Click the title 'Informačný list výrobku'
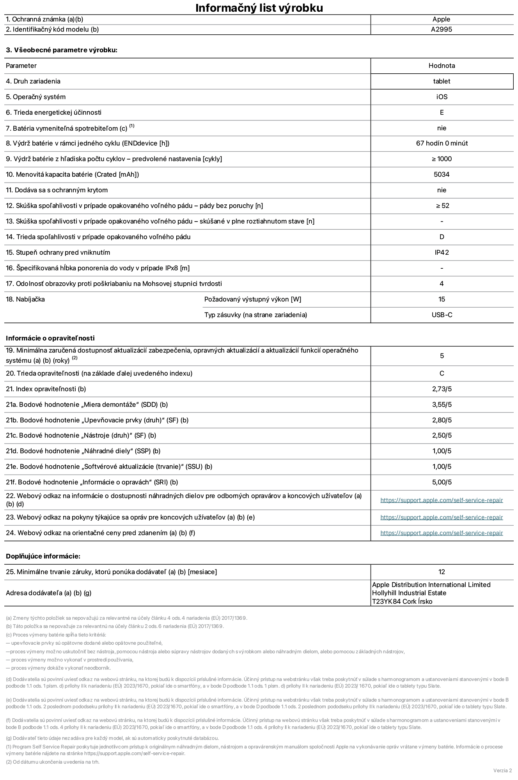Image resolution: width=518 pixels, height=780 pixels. tap(259, 8)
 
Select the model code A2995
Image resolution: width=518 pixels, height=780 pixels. tap(442, 29)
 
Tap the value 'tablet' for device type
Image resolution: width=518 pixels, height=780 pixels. tap(442, 81)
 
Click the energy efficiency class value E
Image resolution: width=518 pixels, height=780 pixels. tap(442, 112)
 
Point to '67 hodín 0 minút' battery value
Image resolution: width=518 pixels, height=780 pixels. tap(442, 143)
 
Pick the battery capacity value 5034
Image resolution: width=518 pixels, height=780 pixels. tap(442, 174)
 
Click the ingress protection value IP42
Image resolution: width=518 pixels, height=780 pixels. tap(442, 252)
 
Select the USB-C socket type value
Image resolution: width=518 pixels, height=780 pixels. tap(442, 315)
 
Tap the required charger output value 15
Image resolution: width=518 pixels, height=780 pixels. tap(442, 299)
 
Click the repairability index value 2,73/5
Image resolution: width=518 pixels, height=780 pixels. tap(442, 389)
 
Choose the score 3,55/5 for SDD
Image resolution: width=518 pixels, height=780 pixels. tap(442, 404)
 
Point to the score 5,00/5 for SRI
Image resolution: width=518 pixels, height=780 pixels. tap(442, 482)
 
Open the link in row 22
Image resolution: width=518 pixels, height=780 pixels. tap(442, 500)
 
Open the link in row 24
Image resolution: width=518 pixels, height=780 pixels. tap(442, 533)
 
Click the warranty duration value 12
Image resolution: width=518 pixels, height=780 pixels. tap(442, 572)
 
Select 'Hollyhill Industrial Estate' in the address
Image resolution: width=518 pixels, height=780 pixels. tap(409, 593)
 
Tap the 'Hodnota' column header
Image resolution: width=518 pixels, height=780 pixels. tap(442, 66)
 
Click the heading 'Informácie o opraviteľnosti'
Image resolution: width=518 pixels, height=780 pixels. tap(50, 338)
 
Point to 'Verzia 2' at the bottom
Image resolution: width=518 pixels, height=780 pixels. tap(502, 770)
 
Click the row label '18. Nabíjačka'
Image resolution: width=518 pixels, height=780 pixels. tap(25, 299)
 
